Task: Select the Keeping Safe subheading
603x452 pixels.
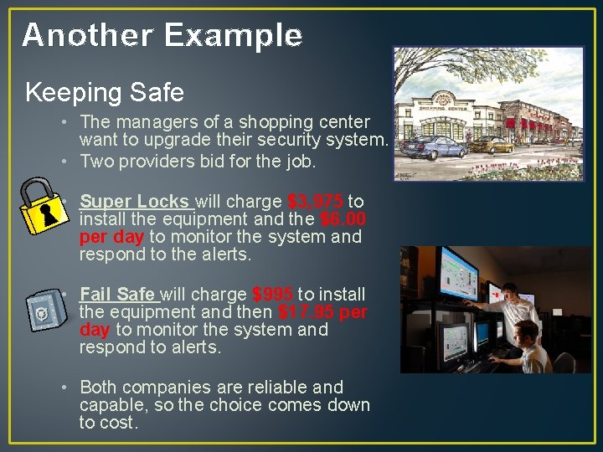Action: pos(105,91)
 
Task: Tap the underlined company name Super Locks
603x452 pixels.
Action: pos(136,202)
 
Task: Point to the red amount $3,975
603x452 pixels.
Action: pos(315,202)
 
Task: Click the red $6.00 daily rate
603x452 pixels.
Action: pos(343,219)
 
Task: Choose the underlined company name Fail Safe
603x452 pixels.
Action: pos(117,295)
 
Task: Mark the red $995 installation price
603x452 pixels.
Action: pos(272,295)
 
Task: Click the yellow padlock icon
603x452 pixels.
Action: pos(44,206)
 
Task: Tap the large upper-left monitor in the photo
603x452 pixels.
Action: pos(457,276)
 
